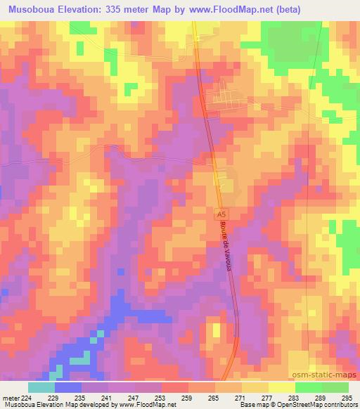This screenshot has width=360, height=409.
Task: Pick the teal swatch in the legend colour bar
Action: pos(41,387)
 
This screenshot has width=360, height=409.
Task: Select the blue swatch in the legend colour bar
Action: pos(68,387)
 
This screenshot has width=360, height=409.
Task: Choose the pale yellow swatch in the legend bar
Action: pos(282,387)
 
